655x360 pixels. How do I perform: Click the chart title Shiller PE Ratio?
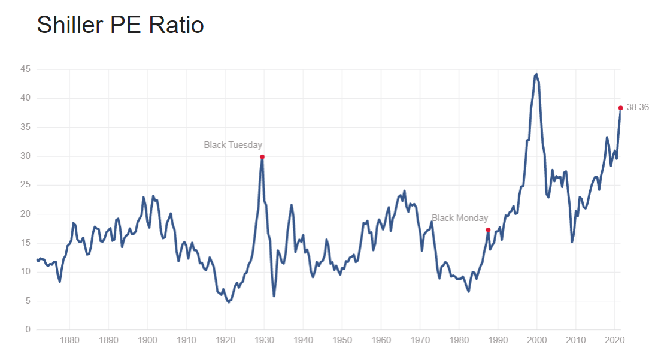pyautogui.click(x=120, y=25)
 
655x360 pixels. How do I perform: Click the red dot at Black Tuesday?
pyautogui.click(x=262, y=157)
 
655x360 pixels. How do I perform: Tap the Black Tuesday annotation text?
pyautogui.click(x=233, y=145)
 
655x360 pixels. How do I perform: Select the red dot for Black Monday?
pyautogui.click(x=489, y=230)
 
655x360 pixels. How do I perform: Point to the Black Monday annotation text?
pyautogui.click(x=460, y=218)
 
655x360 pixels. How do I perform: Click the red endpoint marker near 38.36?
pyautogui.click(x=621, y=108)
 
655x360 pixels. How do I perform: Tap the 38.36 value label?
pyautogui.click(x=638, y=108)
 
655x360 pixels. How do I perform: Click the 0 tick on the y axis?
pyautogui.click(x=28, y=330)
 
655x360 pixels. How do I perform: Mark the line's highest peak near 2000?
pyautogui.click(x=536, y=74)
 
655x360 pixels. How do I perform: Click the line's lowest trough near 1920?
pyautogui.click(x=228, y=302)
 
